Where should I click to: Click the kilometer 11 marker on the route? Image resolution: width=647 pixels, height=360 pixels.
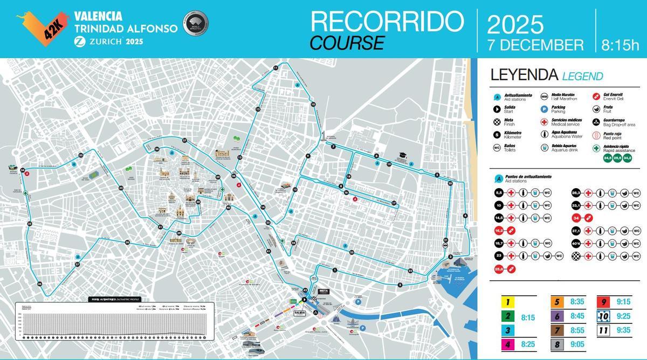276,67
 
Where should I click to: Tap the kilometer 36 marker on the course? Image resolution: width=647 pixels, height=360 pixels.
39,284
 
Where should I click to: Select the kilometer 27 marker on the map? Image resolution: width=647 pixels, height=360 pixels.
184,141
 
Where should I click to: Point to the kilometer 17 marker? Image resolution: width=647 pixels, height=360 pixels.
394,203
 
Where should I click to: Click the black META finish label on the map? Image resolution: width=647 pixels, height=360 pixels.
324,291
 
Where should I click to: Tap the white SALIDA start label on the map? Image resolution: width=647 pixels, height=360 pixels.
300,313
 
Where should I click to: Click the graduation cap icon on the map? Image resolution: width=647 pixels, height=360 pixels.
402,156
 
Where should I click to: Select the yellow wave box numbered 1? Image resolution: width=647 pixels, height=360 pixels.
507,303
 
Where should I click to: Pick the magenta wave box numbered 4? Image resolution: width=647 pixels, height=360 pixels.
507,343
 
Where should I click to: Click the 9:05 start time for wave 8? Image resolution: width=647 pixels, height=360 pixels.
576,343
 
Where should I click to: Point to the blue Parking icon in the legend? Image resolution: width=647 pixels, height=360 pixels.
545,109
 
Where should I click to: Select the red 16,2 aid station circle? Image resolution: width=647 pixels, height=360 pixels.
499,231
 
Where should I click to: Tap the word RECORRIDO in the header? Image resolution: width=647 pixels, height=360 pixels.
387,22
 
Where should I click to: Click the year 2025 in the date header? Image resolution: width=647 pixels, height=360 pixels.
515,24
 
